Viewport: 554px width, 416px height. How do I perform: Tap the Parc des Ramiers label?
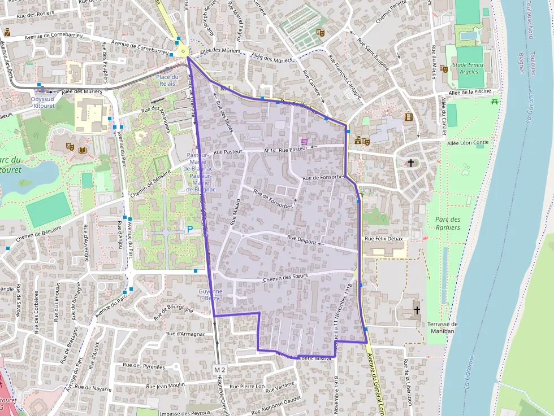(x=448, y=223)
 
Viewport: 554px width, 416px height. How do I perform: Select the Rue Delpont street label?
(x=301, y=240)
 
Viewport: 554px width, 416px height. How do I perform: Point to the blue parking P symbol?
(x=189, y=229)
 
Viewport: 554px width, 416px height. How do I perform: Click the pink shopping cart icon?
(x=305, y=142)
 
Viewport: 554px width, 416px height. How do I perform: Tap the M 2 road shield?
(x=220, y=370)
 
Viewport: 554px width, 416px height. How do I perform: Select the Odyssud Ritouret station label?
(x=43, y=102)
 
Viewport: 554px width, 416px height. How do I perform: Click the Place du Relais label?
(x=167, y=80)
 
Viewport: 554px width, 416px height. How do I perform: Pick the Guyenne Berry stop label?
(x=210, y=294)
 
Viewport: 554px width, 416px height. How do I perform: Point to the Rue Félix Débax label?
(x=384, y=239)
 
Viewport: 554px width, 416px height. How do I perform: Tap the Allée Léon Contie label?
(x=468, y=143)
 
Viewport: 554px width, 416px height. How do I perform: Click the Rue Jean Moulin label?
(x=166, y=386)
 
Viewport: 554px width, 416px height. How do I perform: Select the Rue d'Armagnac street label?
(x=185, y=334)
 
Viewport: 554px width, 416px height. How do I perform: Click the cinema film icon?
(x=408, y=117)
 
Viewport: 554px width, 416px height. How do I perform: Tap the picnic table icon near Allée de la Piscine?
(x=495, y=101)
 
